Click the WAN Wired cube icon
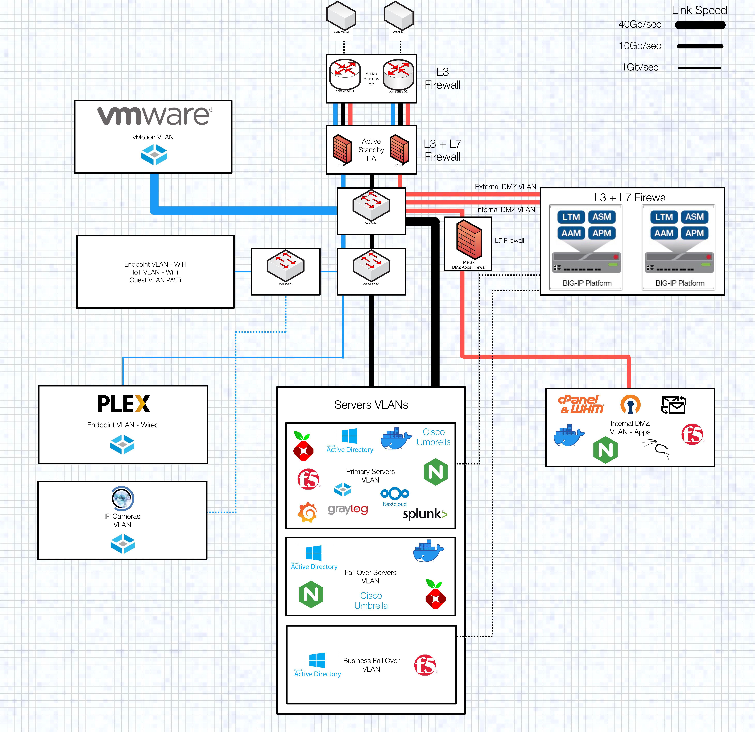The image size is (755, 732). point(341,15)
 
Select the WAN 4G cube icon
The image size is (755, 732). point(399,15)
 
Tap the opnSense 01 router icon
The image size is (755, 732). point(345,74)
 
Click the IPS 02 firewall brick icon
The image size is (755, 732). point(399,148)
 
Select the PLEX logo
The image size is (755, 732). point(123,404)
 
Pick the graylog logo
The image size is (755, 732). point(347,509)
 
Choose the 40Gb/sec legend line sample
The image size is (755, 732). point(700,25)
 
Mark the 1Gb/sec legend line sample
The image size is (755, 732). point(699,68)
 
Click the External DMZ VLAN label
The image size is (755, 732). point(505,187)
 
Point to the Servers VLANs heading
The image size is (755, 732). point(371,405)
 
